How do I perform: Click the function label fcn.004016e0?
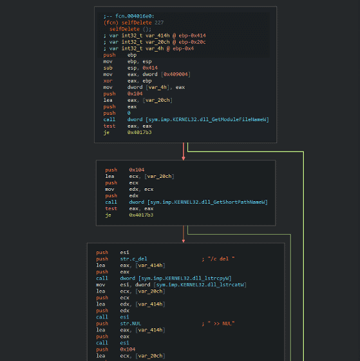pyautogui.click(x=135, y=16)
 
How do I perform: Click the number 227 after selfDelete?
pyautogui.click(x=159, y=23)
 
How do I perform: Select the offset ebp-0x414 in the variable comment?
pyautogui.click(x=193, y=35)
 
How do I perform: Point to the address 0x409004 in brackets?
pyautogui.click(x=176, y=74)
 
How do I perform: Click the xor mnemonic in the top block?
pyautogui.click(x=108, y=81)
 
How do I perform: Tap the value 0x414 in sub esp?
pyautogui.click(x=150, y=68)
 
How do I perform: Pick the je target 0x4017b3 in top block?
pyautogui.click(x=139, y=132)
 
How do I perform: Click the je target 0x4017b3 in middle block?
pyautogui.click(x=141, y=215)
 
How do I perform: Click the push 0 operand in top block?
pyautogui.click(x=129, y=113)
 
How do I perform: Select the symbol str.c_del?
pyautogui.click(x=133, y=259)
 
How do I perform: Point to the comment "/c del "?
pyautogui.click(x=221, y=259)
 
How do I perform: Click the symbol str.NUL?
pyautogui.click(x=131, y=324)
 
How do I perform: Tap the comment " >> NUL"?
pyautogui.click(x=221, y=324)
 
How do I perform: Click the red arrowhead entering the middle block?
pyautogui.click(x=184, y=159)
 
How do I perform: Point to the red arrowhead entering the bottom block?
pyautogui.click(x=184, y=241)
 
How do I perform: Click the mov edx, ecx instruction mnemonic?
pyautogui.click(x=109, y=190)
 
